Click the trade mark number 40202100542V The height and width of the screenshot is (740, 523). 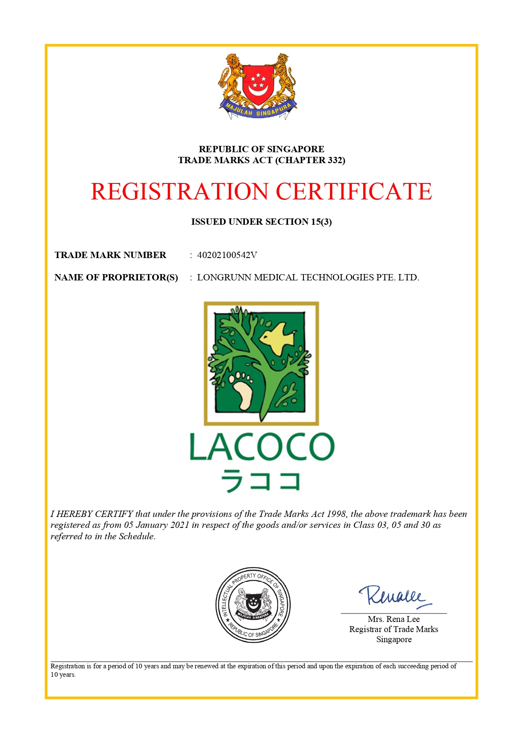click(227, 255)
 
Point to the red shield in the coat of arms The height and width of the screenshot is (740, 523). click(257, 84)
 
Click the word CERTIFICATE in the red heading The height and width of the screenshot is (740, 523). click(354, 192)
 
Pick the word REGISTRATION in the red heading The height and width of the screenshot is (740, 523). click(180, 192)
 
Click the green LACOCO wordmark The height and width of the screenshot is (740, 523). click(262, 447)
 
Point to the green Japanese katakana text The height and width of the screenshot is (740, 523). click(261, 481)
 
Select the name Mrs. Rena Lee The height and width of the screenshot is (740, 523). click(394, 619)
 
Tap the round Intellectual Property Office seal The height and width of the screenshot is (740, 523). click(253, 605)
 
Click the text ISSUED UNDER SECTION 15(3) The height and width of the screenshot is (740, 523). click(261, 222)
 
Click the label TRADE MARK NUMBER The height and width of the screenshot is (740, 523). click(110, 255)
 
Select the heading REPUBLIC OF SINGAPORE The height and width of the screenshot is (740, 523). click(261, 149)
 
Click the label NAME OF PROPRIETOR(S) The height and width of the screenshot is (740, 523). click(116, 277)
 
